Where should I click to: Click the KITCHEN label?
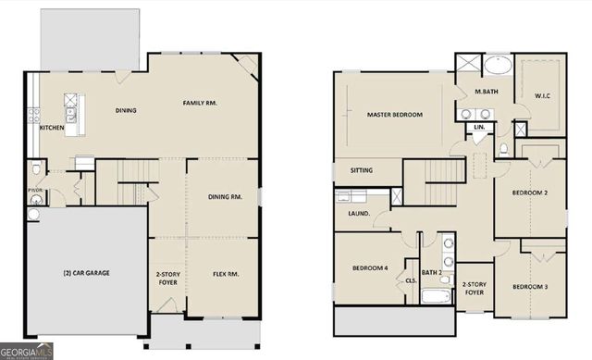[x=52, y=127]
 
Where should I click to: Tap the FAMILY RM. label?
[x=199, y=103]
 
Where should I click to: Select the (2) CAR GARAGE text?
[x=86, y=274]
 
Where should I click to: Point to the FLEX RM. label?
[x=226, y=274]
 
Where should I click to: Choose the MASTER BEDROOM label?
[x=394, y=115]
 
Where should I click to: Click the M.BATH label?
[x=487, y=92]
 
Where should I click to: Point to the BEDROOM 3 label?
[x=530, y=287]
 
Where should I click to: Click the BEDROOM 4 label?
[x=370, y=268]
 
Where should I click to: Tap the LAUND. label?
[x=359, y=214]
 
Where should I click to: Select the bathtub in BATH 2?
[x=436, y=297]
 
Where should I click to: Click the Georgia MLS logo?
[x=27, y=352]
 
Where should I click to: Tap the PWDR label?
[x=35, y=192]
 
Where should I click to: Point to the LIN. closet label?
[x=479, y=126]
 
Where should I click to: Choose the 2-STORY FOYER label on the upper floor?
[x=474, y=288]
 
